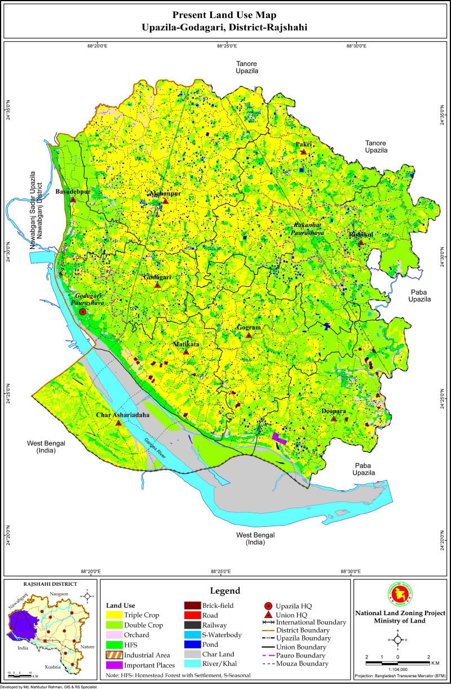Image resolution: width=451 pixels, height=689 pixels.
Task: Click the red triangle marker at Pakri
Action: coord(303,152)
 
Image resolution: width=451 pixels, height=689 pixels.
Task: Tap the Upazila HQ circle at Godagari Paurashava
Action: coord(82,312)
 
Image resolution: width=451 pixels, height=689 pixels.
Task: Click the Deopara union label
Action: coord(333,411)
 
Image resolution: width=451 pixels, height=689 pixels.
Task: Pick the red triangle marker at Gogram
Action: coord(249,336)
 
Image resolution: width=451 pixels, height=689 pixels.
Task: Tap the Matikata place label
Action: coord(186,343)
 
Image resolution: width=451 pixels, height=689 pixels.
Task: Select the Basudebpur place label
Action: coord(73,192)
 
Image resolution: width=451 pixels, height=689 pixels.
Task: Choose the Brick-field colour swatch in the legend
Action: coord(193,606)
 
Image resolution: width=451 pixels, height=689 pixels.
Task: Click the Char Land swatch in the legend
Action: coord(193,654)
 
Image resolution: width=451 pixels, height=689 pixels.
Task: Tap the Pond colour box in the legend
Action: coord(193,644)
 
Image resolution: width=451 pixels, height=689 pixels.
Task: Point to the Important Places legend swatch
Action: coord(115,664)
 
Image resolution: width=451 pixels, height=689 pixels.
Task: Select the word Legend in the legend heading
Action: coord(225,591)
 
